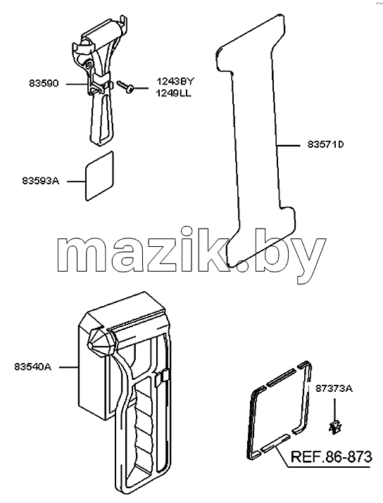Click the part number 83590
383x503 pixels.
[x=44, y=84]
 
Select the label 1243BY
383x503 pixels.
[x=175, y=81]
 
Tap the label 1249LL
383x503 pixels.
[x=174, y=94]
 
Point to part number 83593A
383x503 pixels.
[x=41, y=181]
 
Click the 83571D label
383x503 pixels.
[x=325, y=145]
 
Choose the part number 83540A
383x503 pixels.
[x=33, y=367]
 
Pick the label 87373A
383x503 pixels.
[x=334, y=388]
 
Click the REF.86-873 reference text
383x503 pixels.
[x=332, y=457]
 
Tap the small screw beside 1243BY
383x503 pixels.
[x=126, y=87]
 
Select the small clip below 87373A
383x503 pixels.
[x=335, y=426]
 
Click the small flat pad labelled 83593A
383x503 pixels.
[x=99, y=176]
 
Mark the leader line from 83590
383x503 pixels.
[x=77, y=84]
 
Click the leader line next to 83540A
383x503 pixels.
[x=69, y=367]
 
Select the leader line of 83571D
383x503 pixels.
[x=288, y=146]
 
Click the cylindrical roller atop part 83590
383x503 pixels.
[x=104, y=34]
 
